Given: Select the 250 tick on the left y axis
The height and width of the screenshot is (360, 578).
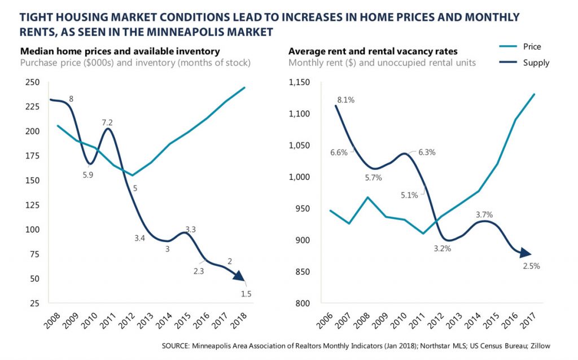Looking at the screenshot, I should tap(33, 82).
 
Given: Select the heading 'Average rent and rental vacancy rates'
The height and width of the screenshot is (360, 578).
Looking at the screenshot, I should tap(369, 50).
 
